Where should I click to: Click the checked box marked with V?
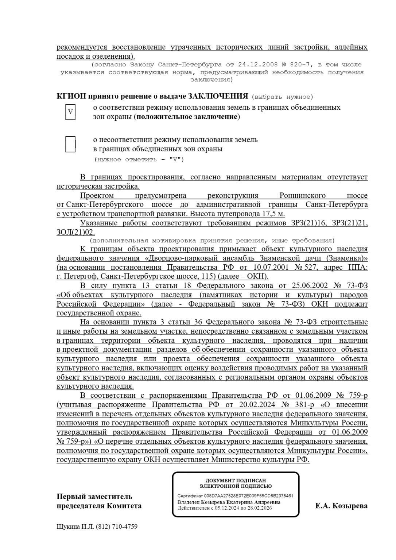71,112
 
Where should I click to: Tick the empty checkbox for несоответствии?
71,144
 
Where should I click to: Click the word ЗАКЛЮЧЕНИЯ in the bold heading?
218,97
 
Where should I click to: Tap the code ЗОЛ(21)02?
75,232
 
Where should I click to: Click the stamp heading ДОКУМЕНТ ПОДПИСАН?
236,481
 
